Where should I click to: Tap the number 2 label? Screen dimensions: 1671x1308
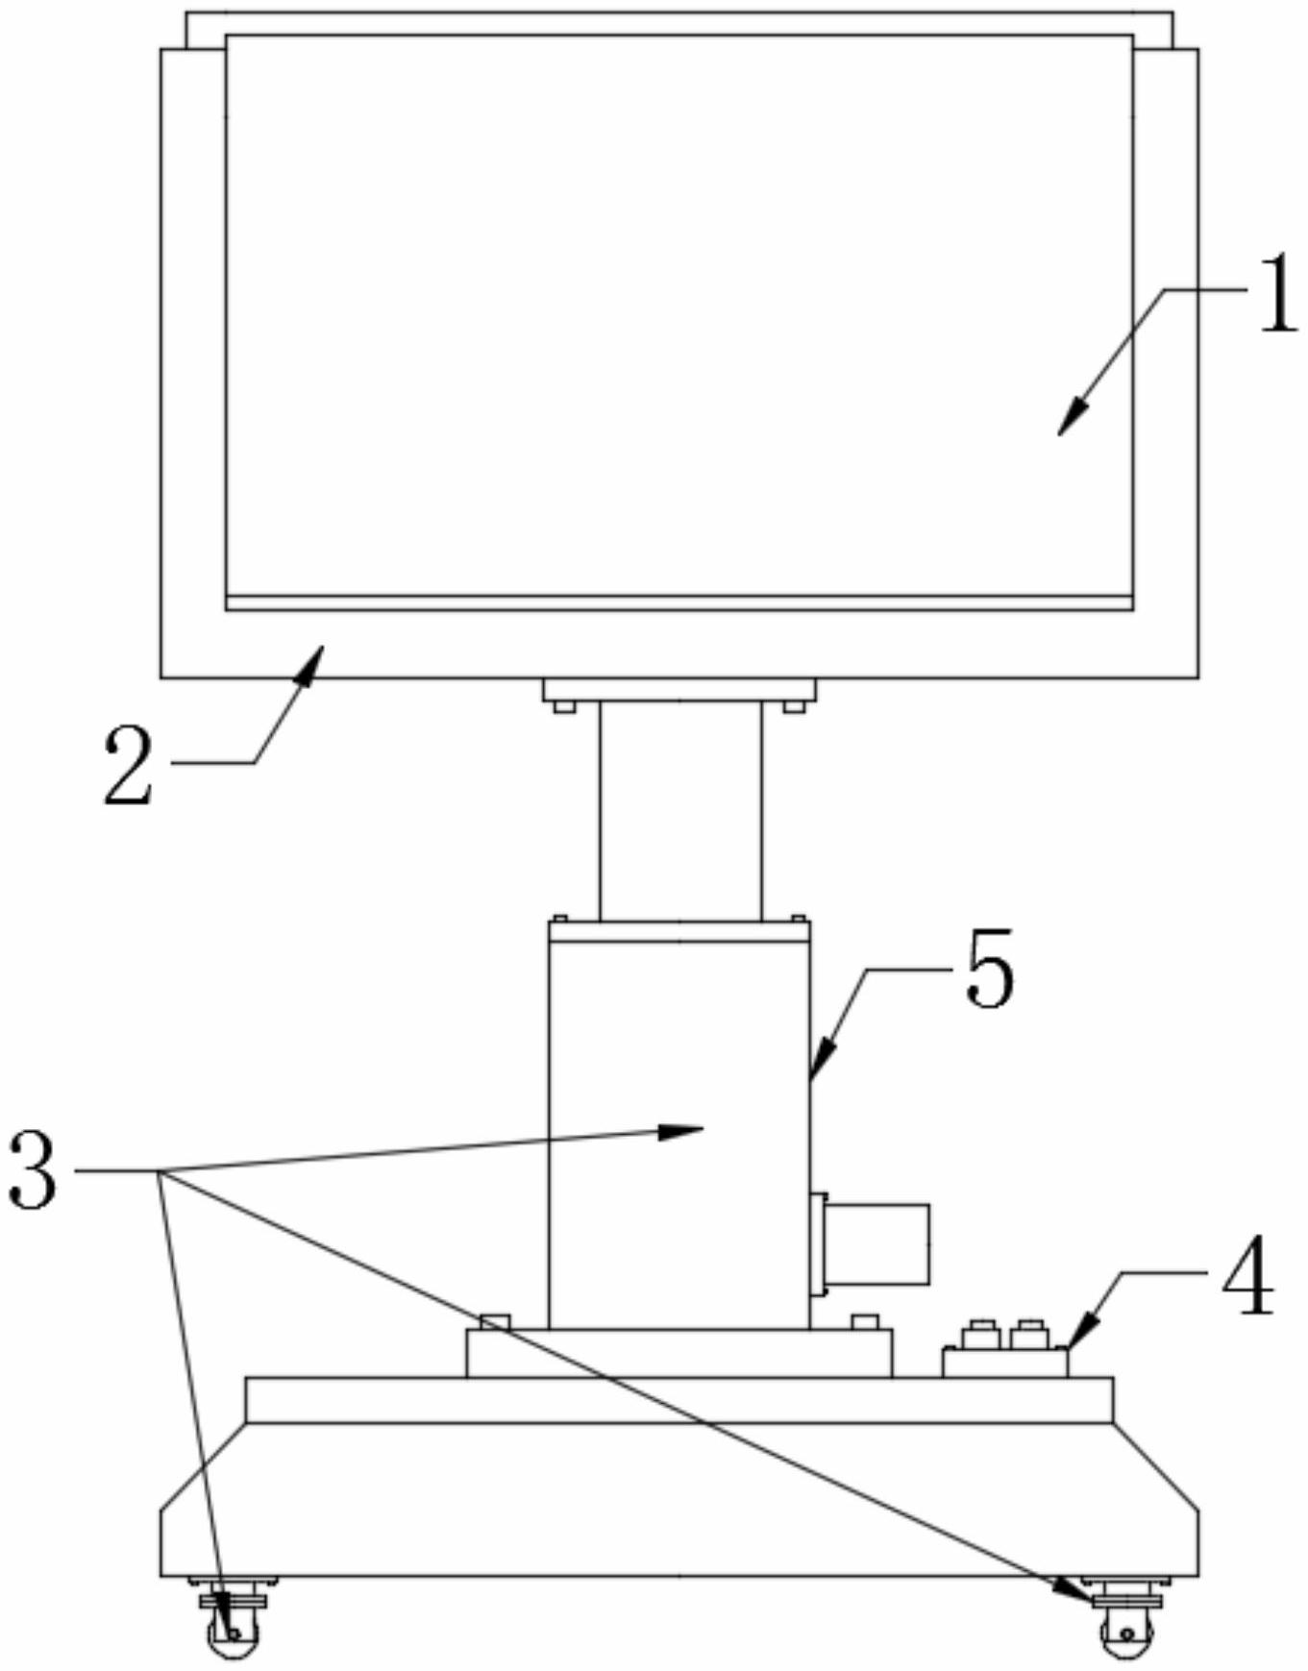[x=129, y=765]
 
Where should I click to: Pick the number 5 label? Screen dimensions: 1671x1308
[x=990, y=970]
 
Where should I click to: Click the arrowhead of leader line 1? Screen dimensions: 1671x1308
[x=1067, y=424]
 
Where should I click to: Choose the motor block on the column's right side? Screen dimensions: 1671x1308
[x=876, y=1243]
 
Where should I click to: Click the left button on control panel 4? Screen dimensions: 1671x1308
[x=982, y=1334]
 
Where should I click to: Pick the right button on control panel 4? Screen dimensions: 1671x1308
[x=1028, y=1334]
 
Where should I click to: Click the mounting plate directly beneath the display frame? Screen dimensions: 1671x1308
[x=679, y=690]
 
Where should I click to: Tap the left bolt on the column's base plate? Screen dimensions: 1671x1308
[x=495, y=1321]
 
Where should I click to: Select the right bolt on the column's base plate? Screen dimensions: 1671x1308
[x=865, y=1321]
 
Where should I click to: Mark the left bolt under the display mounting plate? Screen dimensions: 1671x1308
[x=564, y=708]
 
